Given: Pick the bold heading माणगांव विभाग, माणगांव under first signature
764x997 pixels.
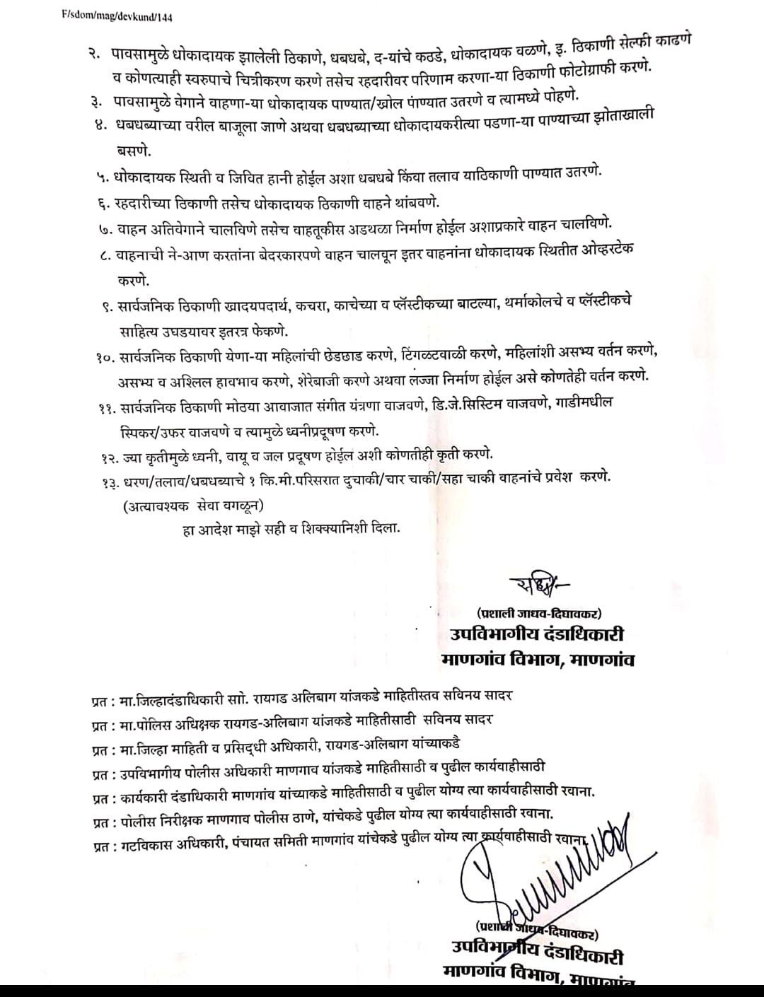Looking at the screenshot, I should (537, 660).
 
